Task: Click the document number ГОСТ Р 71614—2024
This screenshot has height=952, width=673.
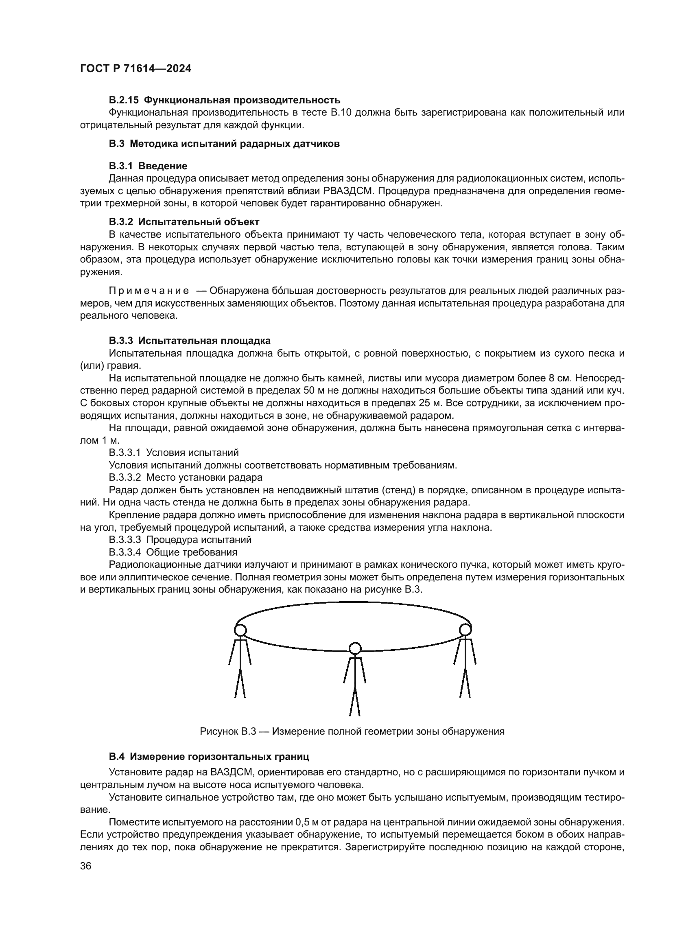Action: click(x=135, y=69)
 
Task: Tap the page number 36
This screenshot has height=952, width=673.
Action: click(x=86, y=866)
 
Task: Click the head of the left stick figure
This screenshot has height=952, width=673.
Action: click(x=240, y=630)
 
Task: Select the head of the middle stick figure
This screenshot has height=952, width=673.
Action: click(x=355, y=648)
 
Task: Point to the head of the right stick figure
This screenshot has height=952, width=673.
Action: click(x=465, y=629)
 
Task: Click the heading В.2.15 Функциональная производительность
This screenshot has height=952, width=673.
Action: click(x=225, y=100)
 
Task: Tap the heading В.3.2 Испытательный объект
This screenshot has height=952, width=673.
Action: click(x=184, y=221)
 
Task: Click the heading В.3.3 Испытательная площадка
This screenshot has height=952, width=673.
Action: click(x=189, y=340)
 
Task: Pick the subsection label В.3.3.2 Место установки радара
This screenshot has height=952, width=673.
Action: click(x=185, y=477)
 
